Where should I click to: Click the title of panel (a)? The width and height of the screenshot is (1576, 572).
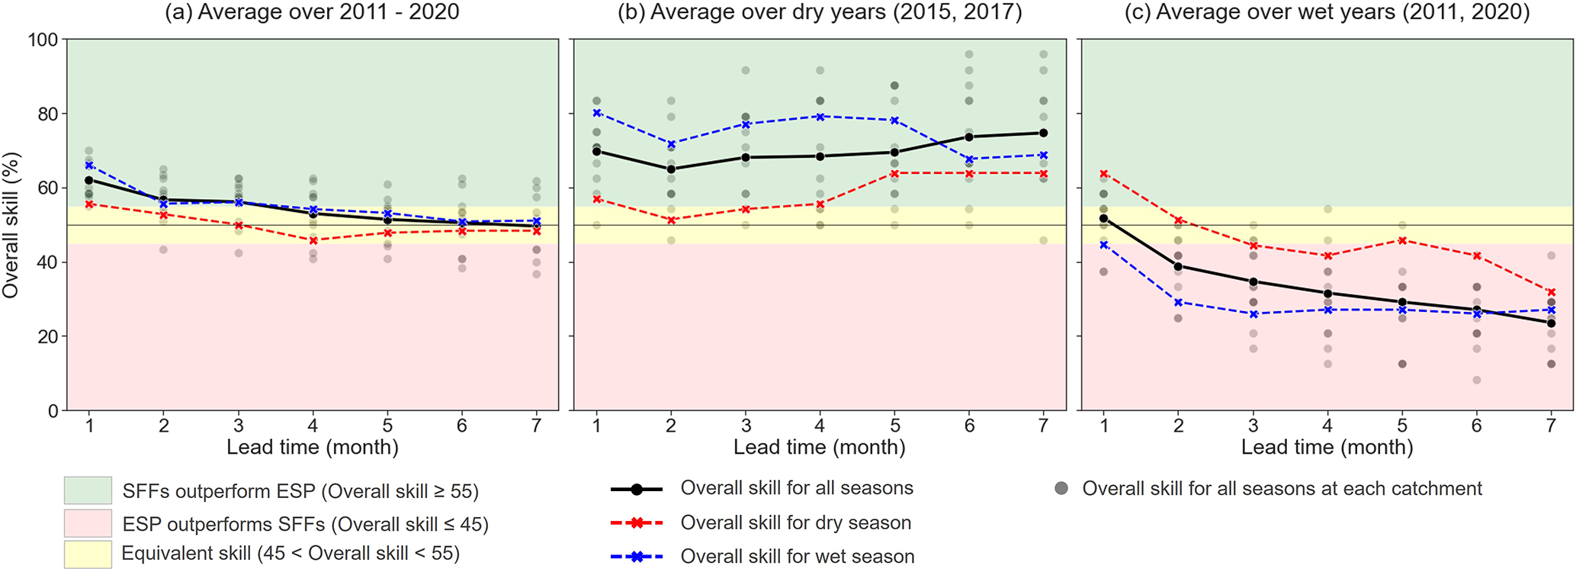pos(313,12)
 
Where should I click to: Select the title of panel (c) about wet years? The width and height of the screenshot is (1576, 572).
pos(1327,12)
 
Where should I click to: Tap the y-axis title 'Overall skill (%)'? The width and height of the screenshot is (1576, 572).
pos(11,225)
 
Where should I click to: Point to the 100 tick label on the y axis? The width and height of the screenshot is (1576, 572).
pos(43,40)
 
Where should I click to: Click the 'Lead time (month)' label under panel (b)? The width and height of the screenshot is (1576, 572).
pos(820,447)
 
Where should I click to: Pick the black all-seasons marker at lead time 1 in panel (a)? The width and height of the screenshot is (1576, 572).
pos(89,180)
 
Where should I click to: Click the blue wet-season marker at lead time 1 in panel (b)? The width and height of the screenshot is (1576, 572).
pos(597,113)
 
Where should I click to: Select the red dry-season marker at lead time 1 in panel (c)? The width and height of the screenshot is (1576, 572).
pos(1104,174)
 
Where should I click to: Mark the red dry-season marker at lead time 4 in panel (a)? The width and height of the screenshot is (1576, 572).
pos(313,240)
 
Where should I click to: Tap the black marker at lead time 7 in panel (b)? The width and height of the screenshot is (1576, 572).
pos(1043,133)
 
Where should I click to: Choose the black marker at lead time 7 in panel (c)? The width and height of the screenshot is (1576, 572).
pos(1551,323)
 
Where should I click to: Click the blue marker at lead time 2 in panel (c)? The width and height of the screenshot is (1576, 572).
pos(1179,302)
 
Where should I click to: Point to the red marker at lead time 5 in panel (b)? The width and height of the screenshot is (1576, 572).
pos(894,173)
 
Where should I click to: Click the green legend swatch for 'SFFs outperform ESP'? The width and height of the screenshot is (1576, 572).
pos(88,491)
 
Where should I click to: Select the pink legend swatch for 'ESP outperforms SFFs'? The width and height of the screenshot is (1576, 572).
pos(88,524)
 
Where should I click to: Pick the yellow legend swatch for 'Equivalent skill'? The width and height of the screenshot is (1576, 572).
pos(88,554)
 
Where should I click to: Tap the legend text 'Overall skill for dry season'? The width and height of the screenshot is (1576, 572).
pos(795,522)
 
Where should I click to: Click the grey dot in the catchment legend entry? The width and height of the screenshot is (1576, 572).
pos(1061,489)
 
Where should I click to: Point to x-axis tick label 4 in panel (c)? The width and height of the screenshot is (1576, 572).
pos(1327,426)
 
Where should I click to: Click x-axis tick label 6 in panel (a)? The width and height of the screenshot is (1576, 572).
pos(462,426)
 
